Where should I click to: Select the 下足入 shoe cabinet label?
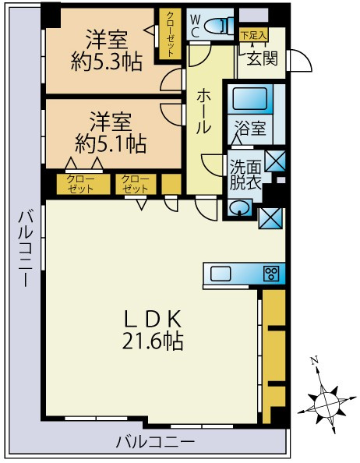coord(253,35)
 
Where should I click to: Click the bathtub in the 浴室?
coord(250,100)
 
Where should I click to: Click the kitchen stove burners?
coord(271,274)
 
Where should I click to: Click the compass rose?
coord(325,401)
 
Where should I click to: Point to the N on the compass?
coord(315,361)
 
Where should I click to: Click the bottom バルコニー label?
coord(155,442)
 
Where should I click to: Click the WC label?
coord(195,26)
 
